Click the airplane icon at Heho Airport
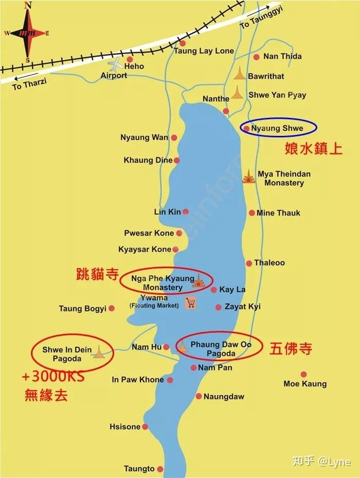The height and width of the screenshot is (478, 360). [117, 65]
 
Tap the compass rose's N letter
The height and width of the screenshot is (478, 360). [28, 6]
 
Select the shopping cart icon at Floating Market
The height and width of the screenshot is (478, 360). [190, 303]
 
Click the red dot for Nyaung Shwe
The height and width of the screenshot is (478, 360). [247, 129]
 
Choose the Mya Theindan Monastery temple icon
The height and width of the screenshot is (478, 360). [249, 176]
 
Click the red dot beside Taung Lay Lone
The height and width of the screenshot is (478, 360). [182, 43]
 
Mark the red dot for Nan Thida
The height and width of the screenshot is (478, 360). [256, 57]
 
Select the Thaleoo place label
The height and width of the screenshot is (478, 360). [269, 263]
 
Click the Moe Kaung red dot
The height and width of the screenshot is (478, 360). [303, 375]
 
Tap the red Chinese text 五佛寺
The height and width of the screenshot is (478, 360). [291, 349]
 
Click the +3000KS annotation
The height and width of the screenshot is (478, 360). [53, 377]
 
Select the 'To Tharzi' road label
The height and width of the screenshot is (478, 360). [29, 84]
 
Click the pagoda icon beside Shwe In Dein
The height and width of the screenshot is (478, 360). [99, 352]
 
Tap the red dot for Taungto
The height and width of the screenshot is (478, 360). [160, 469]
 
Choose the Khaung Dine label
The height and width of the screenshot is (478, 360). [148, 160]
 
